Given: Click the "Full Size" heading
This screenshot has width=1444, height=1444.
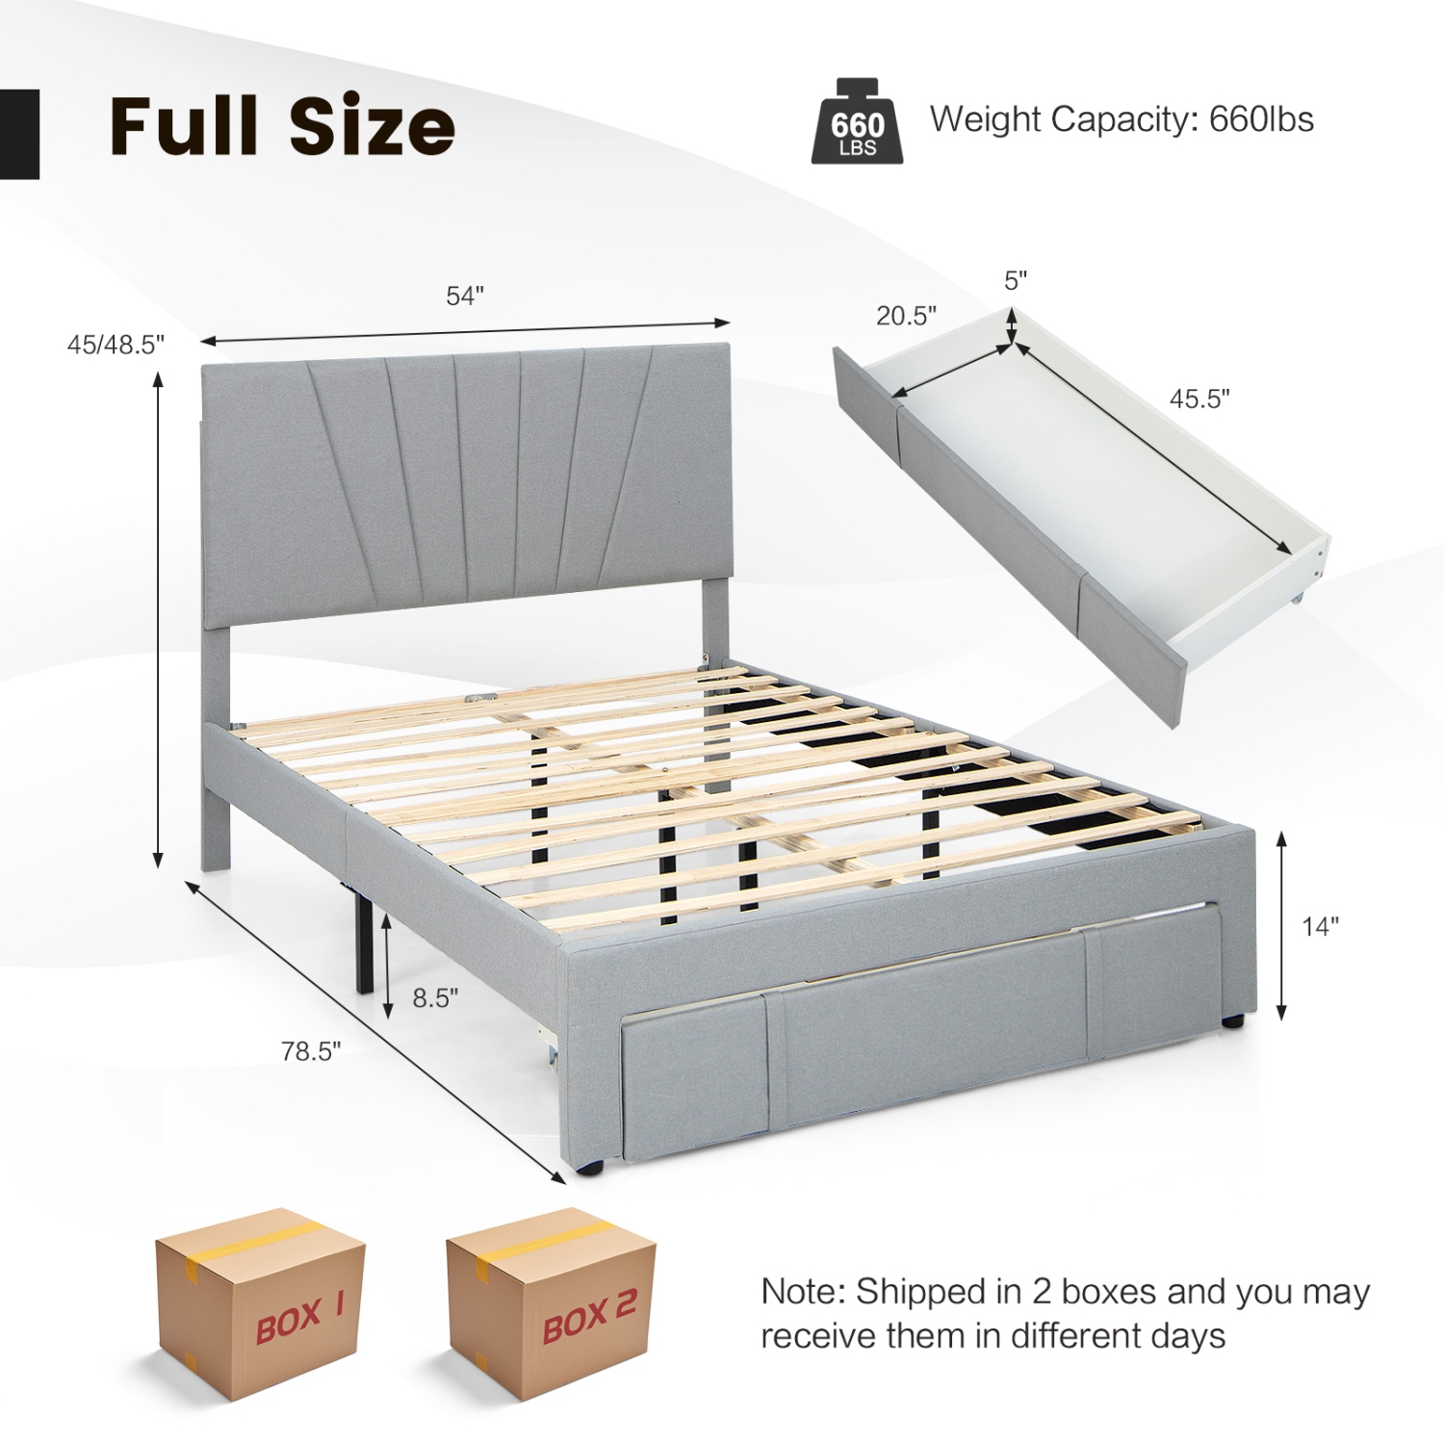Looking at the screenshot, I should (282, 126).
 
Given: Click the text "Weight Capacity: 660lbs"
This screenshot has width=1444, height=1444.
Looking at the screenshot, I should (1122, 119).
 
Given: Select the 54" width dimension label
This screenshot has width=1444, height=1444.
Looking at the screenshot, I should (464, 297).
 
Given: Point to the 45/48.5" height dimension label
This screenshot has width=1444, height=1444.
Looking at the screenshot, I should (116, 344).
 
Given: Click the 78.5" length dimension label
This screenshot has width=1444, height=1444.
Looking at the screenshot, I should (311, 1051).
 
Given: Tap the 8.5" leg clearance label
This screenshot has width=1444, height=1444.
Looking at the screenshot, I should (435, 998).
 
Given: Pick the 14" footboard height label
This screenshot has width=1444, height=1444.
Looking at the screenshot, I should (1320, 926).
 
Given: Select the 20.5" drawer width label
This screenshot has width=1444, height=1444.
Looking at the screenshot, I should (906, 316).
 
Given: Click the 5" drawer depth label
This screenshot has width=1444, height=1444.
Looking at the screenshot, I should (1016, 281).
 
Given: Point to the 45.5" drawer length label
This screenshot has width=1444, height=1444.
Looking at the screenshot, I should (1199, 399).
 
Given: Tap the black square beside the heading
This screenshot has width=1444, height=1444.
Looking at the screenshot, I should (19, 134).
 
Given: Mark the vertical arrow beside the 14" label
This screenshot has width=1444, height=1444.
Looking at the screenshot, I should (1281, 926).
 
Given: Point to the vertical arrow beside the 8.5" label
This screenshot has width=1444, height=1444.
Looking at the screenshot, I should (387, 966).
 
